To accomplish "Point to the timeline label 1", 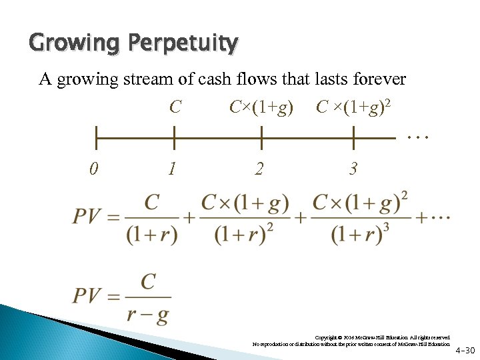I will pos(173,169).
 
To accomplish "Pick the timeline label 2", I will pos(259,169).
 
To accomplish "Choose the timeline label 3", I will pos(353,169).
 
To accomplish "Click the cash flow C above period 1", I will pos(175,107).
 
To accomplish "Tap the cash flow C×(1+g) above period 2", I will pos(261,107).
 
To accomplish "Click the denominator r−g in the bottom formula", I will pos(148,314).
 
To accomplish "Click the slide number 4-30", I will pos(465,350).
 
